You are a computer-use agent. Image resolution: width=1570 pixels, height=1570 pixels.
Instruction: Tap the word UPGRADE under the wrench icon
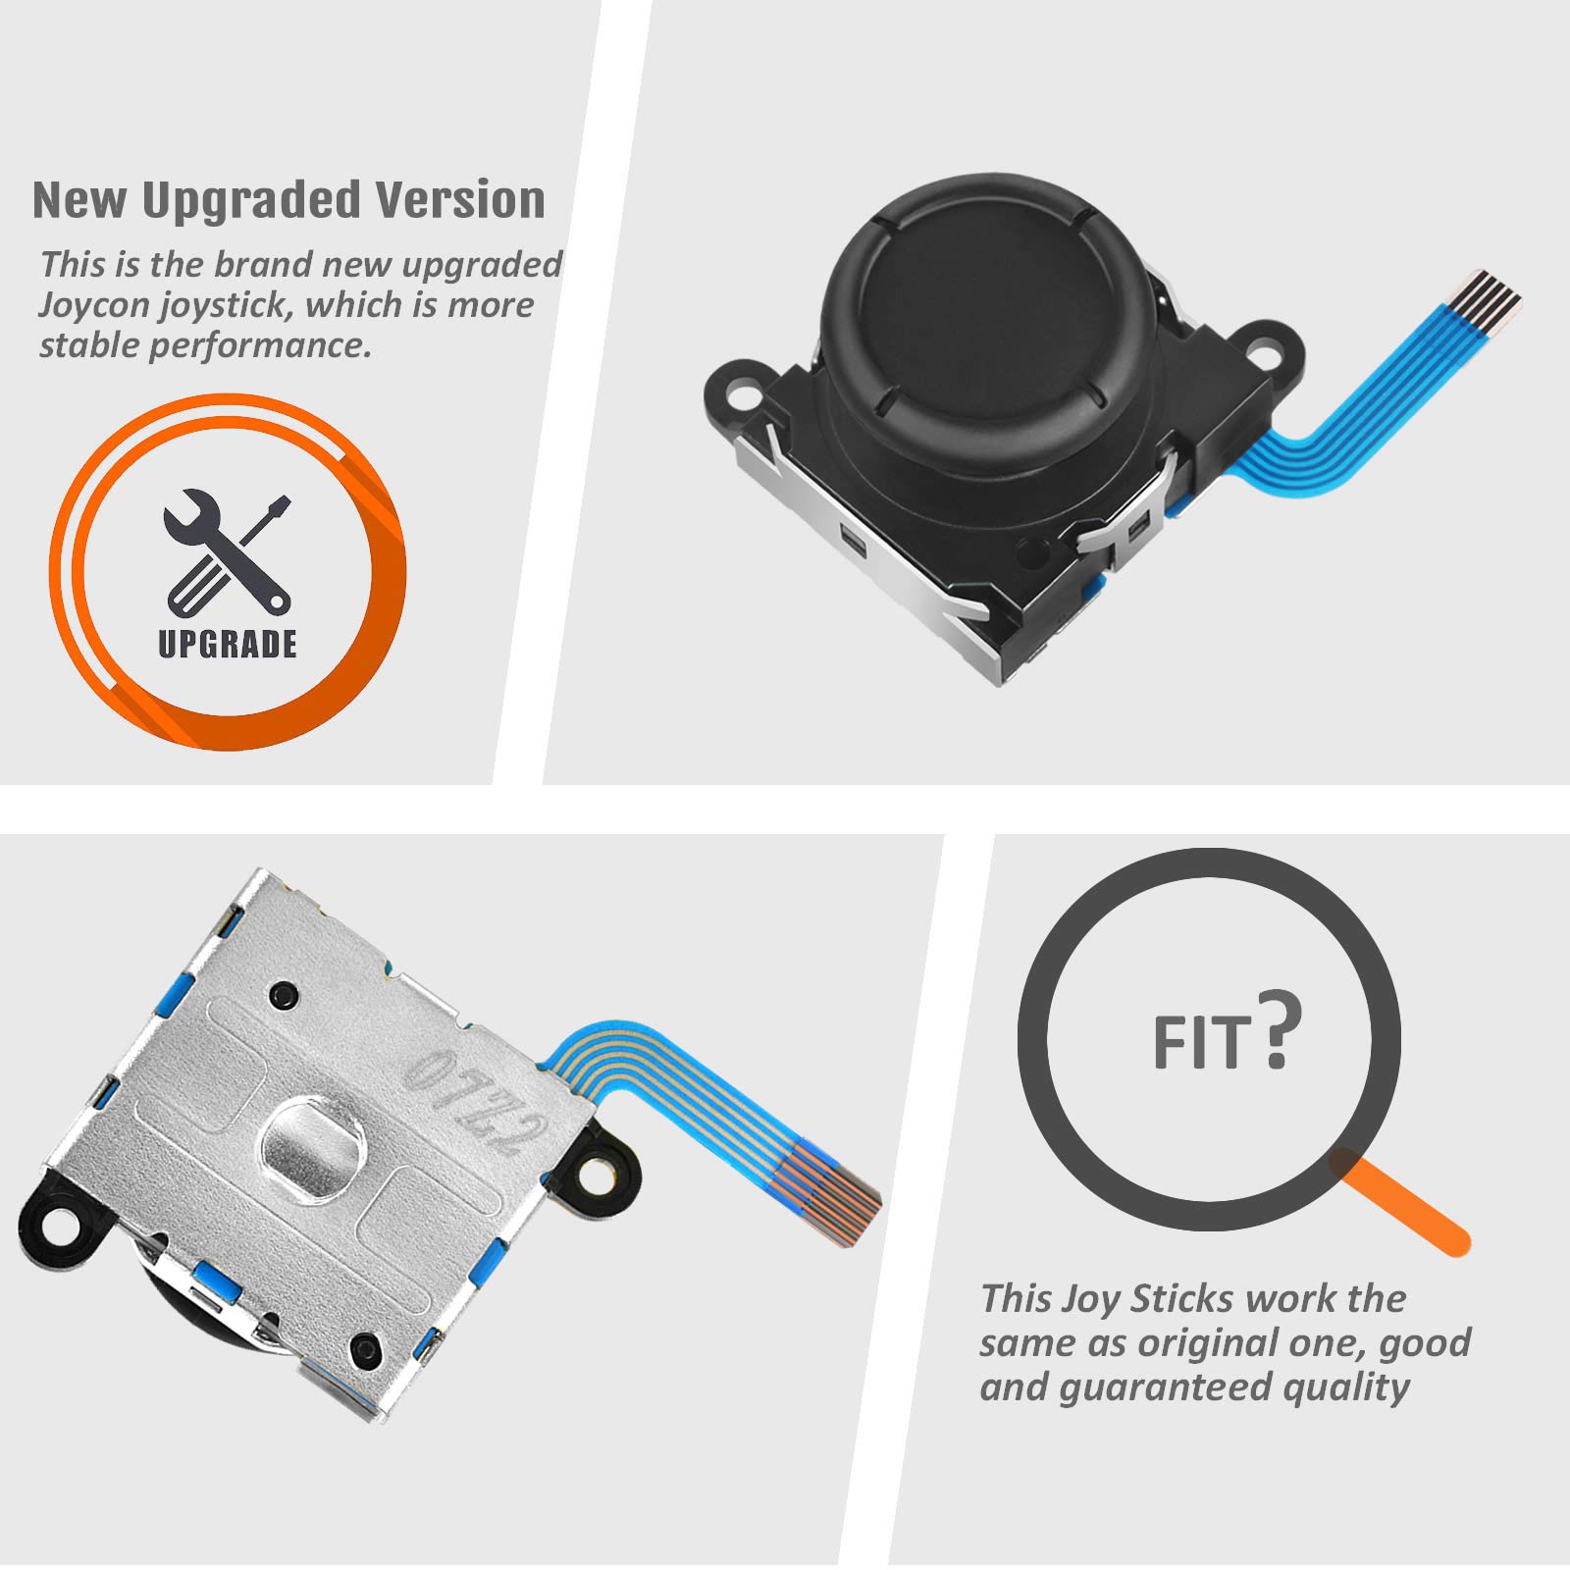tap(228, 643)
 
